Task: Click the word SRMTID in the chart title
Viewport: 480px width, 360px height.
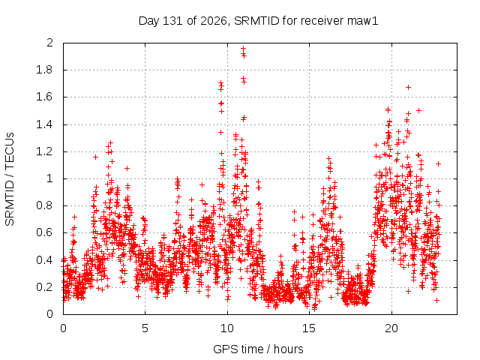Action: (256, 21)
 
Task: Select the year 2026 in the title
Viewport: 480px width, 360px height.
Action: (214, 21)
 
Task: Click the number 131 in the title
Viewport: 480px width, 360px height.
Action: (173, 21)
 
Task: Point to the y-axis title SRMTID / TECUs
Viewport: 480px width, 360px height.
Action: (10, 179)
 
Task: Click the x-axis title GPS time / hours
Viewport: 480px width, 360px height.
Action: (258, 349)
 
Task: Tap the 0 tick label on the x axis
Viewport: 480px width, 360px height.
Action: (63, 328)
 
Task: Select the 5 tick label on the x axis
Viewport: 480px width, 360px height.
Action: (145, 328)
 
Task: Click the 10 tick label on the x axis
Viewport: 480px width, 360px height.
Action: (227, 328)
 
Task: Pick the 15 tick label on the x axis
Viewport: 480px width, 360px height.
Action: (309, 328)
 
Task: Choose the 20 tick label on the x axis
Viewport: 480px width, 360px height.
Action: (391, 328)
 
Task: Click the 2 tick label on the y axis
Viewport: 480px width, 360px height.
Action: (50, 43)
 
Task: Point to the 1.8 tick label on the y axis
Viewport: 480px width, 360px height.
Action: (45, 70)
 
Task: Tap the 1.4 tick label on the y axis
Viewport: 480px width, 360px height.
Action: (45, 124)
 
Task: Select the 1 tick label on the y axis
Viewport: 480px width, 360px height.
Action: (50, 178)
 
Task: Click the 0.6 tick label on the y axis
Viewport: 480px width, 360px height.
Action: (45, 232)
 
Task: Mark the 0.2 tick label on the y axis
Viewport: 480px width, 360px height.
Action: (45, 287)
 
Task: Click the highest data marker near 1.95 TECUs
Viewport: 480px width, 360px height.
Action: (243, 48)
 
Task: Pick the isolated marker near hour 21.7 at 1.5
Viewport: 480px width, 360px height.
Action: (418, 110)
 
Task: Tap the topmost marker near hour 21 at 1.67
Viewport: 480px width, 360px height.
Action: (408, 88)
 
